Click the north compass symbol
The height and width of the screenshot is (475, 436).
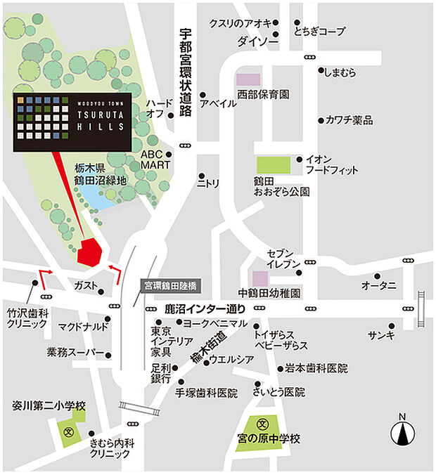(x=403, y=431)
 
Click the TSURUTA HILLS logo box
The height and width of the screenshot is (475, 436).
(x=71, y=122)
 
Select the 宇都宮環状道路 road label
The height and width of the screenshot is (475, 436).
(x=186, y=77)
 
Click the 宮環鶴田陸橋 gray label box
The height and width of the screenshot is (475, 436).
(x=171, y=286)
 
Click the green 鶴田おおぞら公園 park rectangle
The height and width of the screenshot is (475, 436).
(x=273, y=165)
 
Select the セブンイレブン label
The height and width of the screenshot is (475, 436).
(x=284, y=258)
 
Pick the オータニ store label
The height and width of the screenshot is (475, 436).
(x=379, y=285)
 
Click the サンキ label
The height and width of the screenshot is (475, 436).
(x=381, y=335)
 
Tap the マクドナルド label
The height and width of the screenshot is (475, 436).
(x=83, y=327)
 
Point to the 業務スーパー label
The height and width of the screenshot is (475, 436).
(x=75, y=351)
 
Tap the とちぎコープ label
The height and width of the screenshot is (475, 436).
(x=320, y=32)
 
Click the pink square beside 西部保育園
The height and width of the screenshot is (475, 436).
(x=248, y=79)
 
